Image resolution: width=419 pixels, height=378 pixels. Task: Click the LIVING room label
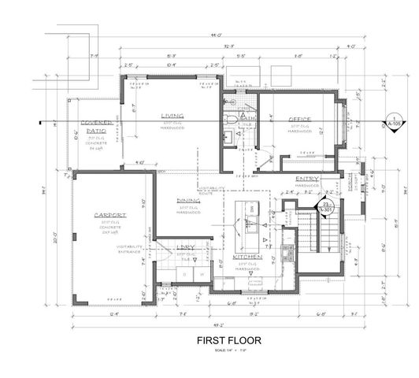click(x=172, y=115)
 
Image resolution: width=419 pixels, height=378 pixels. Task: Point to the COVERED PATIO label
click(x=97, y=128)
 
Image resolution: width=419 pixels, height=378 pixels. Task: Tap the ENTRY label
click(x=306, y=179)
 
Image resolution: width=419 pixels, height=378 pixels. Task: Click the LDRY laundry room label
click(x=186, y=246)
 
